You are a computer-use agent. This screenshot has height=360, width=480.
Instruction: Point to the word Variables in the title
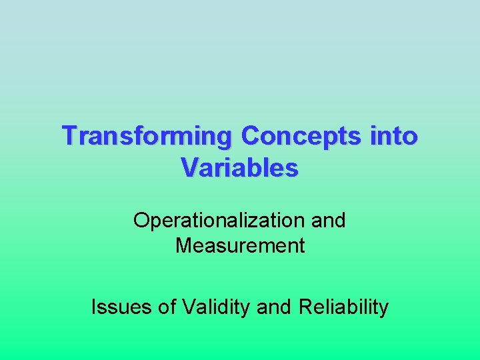[x=239, y=168]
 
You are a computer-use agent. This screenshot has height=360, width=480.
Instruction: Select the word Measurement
[x=240, y=246]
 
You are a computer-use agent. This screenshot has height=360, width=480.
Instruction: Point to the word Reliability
[x=344, y=307]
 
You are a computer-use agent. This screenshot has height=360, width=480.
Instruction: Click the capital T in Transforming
[x=69, y=136]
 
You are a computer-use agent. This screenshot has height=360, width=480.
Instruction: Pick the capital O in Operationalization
[x=141, y=220]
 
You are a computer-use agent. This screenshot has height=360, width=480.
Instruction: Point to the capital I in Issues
[x=93, y=307]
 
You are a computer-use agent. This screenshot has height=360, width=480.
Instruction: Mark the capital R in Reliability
[x=306, y=307]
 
